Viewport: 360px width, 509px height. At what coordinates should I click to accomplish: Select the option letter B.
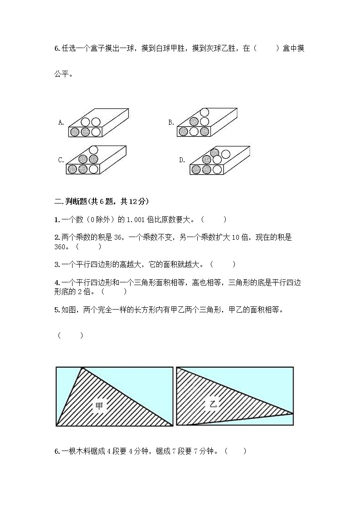(171, 122)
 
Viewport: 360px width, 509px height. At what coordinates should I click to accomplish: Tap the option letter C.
(61, 160)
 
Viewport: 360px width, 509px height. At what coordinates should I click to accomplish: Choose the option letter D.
(182, 160)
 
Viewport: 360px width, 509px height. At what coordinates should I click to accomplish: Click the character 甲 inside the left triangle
(99, 407)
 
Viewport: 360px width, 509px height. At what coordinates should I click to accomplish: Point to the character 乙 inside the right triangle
(213, 404)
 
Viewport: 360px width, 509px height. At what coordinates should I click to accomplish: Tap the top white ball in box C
(94, 150)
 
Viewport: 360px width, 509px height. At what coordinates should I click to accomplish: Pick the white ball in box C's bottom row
(93, 169)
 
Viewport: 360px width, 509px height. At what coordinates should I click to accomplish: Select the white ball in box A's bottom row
(95, 132)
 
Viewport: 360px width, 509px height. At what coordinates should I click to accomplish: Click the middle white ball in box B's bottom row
(194, 131)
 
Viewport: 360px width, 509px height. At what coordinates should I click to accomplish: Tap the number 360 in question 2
(61, 247)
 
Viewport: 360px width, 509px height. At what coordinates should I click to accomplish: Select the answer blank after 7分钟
(235, 451)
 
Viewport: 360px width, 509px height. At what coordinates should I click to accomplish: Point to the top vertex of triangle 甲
(82, 368)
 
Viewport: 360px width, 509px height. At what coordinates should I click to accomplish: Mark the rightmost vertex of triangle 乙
(293, 413)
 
